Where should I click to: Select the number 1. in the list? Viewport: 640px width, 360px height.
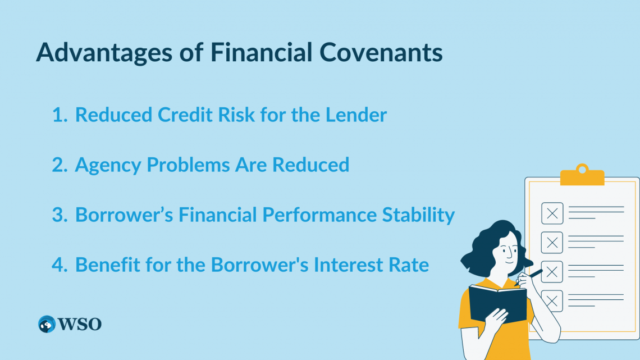60,115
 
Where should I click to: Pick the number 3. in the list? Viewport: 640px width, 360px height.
60,215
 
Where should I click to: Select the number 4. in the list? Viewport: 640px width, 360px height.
60,265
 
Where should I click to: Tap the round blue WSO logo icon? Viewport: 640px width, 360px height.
47,324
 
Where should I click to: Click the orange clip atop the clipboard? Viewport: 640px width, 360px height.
582,176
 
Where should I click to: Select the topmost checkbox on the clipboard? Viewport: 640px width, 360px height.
552,213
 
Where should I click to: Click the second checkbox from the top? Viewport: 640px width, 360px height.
552,242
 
